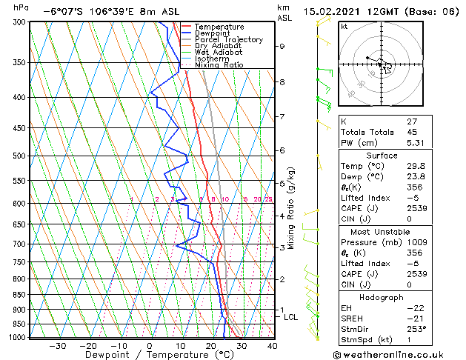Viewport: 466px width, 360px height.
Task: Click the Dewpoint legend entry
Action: pos(213,33)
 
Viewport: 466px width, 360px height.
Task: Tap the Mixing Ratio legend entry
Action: pos(219,65)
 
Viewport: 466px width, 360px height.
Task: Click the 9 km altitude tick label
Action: pos(282,46)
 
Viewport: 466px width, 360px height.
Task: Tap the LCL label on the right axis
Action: pos(291,317)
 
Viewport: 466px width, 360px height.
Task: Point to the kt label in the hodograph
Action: pos(344,26)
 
